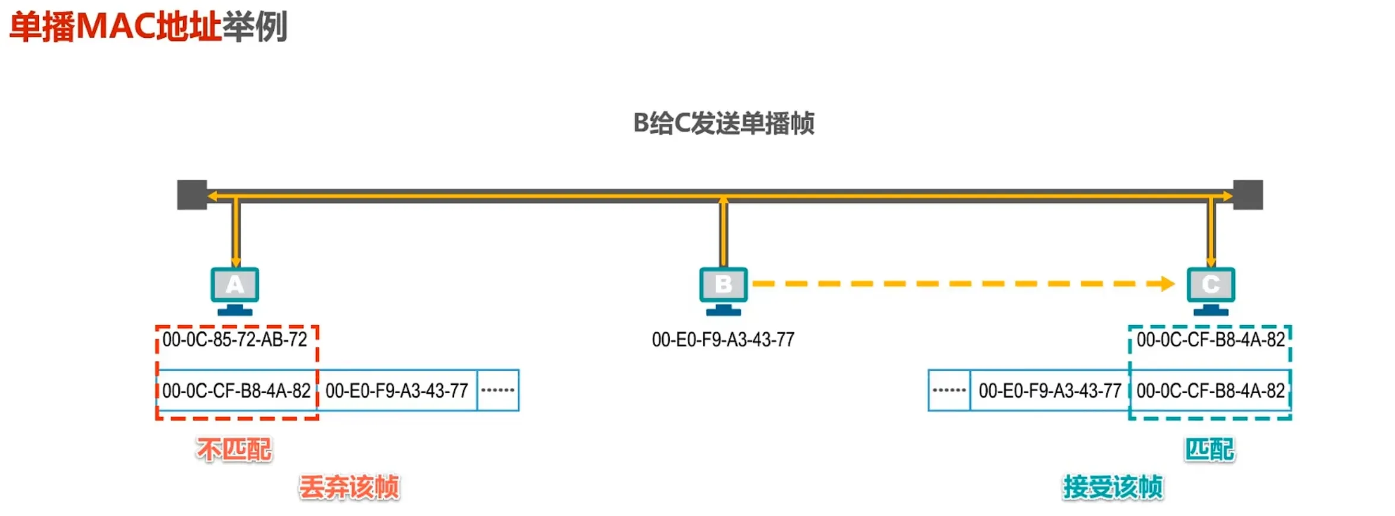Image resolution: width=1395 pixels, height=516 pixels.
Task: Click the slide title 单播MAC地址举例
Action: pyautogui.click(x=148, y=27)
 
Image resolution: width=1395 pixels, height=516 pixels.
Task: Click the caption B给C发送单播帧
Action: pyautogui.click(x=723, y=123)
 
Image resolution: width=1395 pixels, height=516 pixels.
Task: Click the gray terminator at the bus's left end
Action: pyautogui.click(x=192, y=195)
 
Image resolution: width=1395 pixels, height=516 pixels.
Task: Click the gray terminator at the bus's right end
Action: pyautogui.click(x=1248, y=195)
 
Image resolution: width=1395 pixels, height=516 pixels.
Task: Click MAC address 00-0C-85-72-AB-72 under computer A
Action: pyautogui.click(x=235, y=340)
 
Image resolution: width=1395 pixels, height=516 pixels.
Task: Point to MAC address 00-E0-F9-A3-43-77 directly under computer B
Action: pyautogui.click(x=723, y=340)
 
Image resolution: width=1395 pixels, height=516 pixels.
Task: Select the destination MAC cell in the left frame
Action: pyautogui.click(x=237, y=390)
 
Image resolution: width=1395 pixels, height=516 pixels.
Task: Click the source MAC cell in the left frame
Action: pyautogui.click(x=397, y=390)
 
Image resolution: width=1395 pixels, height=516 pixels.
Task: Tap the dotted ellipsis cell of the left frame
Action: pyautogui.click(x=498, y=390)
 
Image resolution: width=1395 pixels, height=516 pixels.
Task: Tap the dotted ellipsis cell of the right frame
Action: pyautogui.click(x=949, y=390)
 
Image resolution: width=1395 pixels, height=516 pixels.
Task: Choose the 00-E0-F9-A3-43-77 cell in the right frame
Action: pyautogui.click(x=1050, y=390)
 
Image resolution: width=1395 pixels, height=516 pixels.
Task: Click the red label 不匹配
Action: pyautogui.click(x=234, y=450)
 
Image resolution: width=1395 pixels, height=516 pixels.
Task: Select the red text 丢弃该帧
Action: pyautogui.click(x=349, y=488)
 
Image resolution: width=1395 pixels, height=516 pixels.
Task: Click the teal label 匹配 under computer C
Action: pyautogui.click(x=1209, y=450)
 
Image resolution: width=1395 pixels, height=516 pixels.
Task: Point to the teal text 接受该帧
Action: pyautogui.click(x=1113, y=488)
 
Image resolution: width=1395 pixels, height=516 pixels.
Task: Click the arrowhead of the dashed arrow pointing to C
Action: pyautogui.click(x=1167, y=284)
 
